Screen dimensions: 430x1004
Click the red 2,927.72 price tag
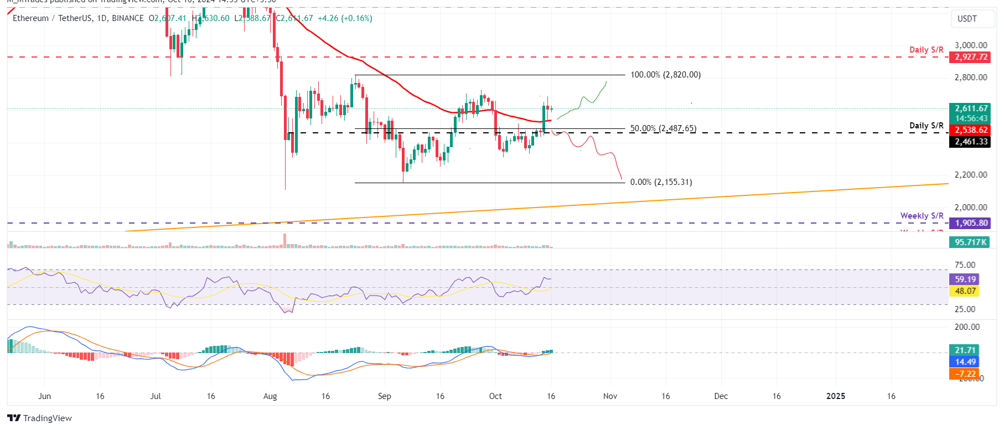[971, 57]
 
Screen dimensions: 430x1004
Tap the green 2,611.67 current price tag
[971, 109]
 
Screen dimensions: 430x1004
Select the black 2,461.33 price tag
[971, 142]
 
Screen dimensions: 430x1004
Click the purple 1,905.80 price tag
[971, 223]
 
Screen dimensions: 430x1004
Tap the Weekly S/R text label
[922, 216]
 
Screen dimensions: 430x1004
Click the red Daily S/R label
[926, 50]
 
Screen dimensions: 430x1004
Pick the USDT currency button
[967, 19]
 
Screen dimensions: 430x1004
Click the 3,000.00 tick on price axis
[970, 45]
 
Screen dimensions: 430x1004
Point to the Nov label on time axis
[610, 396]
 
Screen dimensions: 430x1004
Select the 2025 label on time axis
[835, 396]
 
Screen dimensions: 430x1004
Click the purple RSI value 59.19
[965, 279]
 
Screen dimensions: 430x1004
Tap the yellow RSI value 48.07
[965, 291]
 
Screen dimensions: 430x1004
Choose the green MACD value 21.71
[965, 350]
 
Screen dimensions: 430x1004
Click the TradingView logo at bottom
[40, 418]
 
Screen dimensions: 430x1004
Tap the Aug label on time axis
[270, 396]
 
